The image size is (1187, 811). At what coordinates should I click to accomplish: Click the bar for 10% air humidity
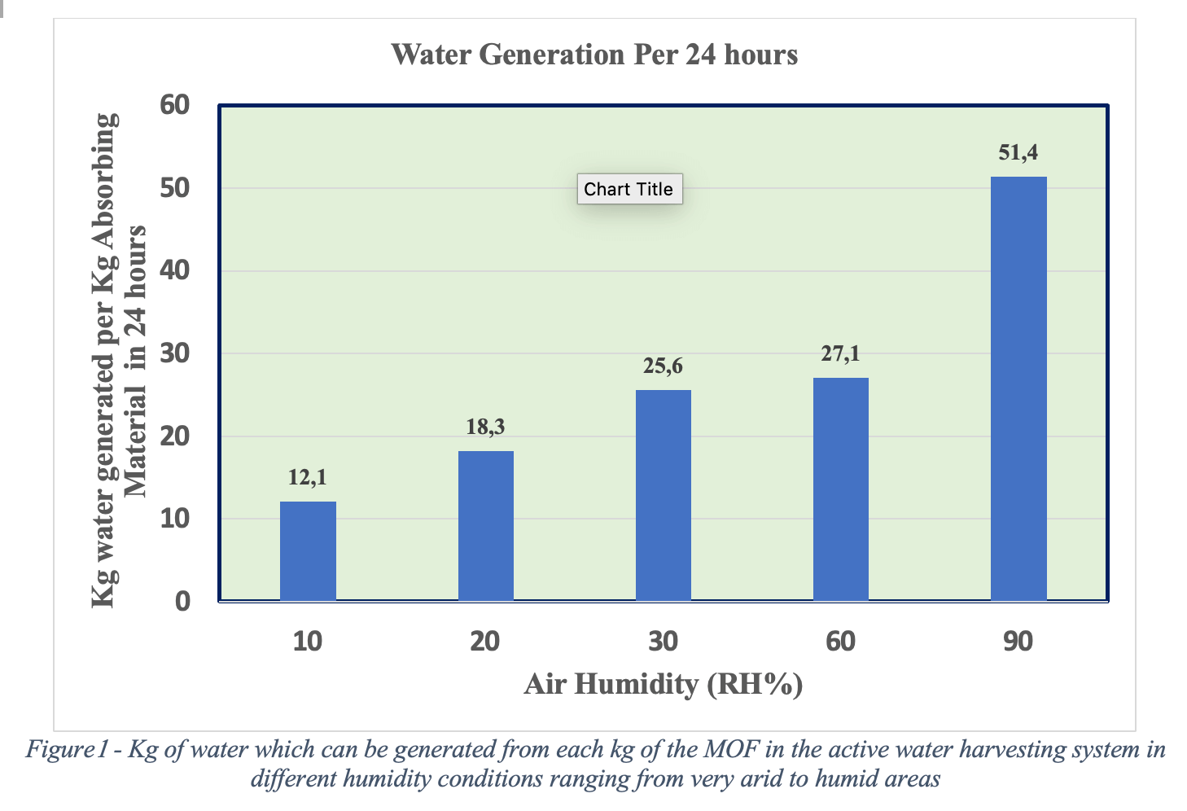pos(308,551)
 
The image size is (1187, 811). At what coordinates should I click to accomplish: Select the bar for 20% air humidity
pos(486,526)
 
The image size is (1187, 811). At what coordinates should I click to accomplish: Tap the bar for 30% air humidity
pos(664,495)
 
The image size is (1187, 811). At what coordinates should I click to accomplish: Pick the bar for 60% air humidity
pos(841,489)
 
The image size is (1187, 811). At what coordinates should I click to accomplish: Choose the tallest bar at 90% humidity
pos(1018,388)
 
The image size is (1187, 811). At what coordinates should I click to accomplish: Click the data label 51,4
pos(1018,152)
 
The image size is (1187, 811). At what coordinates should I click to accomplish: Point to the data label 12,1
pos(308,477)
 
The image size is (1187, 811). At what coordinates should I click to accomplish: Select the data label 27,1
pos(841,353)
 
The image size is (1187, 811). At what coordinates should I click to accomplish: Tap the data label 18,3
pos(486,427)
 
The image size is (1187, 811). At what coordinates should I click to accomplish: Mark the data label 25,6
pos(664,366)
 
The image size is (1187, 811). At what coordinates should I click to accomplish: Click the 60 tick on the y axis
pos(175,105)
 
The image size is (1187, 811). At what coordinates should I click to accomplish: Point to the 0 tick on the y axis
pos(182,602)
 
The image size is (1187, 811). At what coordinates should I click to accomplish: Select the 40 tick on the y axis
pos(175,270)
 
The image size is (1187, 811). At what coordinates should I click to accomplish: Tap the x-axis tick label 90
pos(1018,642)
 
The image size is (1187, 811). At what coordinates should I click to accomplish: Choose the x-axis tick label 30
pos(664,642)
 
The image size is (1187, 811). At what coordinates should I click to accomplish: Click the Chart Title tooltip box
pos(629,189)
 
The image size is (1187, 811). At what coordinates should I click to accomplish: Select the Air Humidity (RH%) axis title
pos(664,684)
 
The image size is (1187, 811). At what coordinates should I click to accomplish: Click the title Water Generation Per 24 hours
pos(594,55)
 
